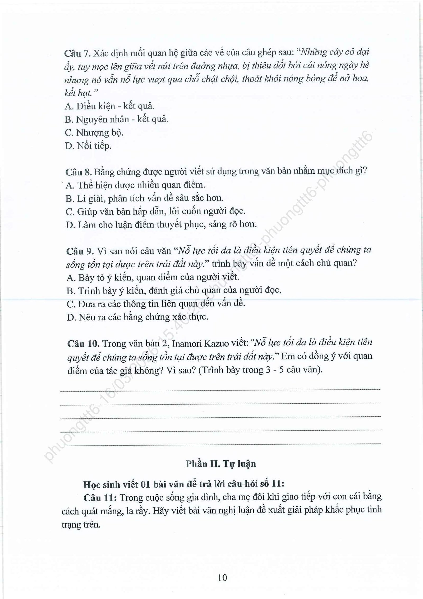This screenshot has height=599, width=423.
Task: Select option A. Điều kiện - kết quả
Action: pyautogui.click(x=109, y=106)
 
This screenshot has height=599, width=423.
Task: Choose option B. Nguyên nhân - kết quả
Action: pyautogui.click(x=117, y=120)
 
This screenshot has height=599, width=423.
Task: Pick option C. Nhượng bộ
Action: pyautogui.click(x=94, y=133)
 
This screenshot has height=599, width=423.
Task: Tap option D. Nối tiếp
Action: pyautogui.click(x=88, y=146)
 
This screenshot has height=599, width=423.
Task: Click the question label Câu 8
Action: pyautogui.click(x=79, y=172)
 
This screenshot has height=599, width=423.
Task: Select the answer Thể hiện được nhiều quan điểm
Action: pyautogui.click(x=135, y=185)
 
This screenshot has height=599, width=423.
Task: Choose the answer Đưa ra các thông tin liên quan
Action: pyautogui.click(x=156, y=304)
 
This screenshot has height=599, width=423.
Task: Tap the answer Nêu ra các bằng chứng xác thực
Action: pyautogui.click(x=137, y=317)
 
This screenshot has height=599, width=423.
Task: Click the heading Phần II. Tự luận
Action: pyautogui.click(x=221, y=464)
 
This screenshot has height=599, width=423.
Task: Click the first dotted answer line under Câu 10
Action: pyautogui.click(x=220, y=390)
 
